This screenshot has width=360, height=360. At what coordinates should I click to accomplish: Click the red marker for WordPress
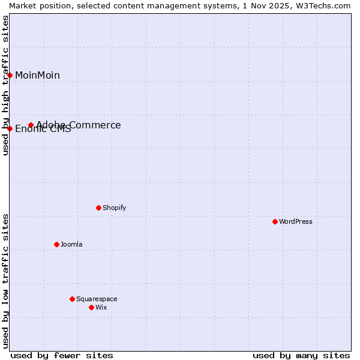coord(275,221)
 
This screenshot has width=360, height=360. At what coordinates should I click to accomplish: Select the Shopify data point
coord(98,208)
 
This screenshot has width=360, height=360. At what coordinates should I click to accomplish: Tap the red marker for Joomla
coord(56,244)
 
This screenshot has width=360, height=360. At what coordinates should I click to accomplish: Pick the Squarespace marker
coord(72,299)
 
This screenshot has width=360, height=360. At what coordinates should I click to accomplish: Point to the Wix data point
coord(91,307)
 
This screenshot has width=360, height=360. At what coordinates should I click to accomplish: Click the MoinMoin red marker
coord(10,75)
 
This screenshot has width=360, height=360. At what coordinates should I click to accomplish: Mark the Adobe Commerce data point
coord(31,125)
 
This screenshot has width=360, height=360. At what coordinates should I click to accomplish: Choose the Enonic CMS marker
coord(10,128)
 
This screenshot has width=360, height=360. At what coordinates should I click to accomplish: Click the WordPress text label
coord(295,221)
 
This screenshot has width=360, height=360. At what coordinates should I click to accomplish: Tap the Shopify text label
coord(114,208)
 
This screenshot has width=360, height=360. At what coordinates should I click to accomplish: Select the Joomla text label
coord(71,244)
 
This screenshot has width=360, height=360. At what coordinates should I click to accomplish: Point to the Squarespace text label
coord(97,299)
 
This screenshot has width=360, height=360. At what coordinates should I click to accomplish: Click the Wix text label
coord(101,307)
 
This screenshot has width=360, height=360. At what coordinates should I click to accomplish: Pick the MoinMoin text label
coord(37,75)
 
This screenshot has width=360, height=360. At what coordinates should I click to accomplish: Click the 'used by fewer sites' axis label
coord(62,355)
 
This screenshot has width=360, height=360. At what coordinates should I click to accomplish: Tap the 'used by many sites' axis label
coord(301,355)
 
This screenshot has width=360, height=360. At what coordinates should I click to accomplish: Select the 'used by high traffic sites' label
coord(5,85)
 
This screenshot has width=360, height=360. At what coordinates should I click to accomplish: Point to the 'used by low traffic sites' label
coord(5,280)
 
